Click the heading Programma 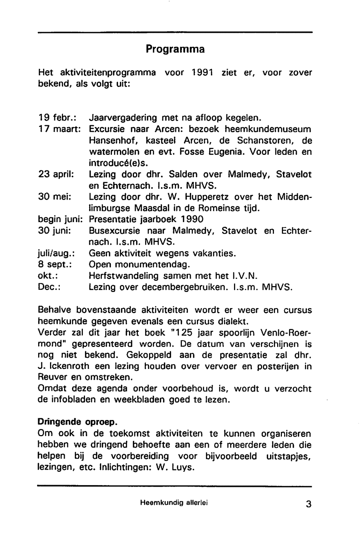point(175,49)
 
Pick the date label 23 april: point(56,175)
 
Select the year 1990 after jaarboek point(192,219)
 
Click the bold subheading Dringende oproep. point(77,422)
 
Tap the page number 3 point(309,504)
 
